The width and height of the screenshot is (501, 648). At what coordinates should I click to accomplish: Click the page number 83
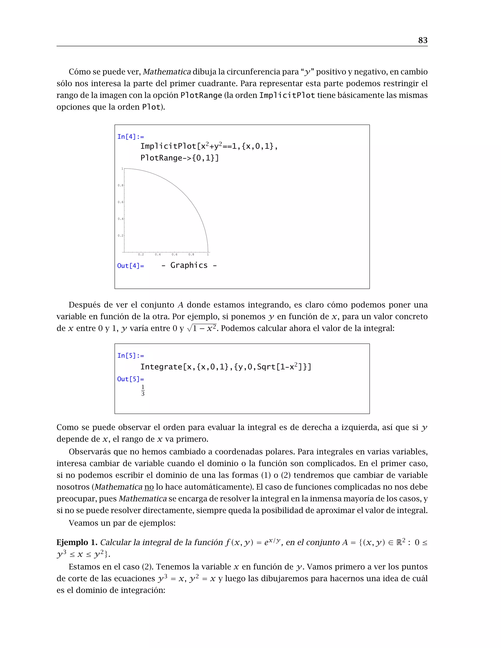[423, 40]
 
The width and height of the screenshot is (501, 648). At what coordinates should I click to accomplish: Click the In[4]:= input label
[131, 137]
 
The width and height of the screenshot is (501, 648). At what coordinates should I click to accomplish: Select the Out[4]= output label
[131, 266]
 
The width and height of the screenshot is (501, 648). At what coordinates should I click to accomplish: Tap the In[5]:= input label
[131, 356]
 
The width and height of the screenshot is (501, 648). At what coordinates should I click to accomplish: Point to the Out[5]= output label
[131, 379]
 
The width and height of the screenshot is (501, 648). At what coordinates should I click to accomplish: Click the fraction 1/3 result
[143, 391]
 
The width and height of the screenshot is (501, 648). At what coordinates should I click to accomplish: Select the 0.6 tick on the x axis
[174, 255]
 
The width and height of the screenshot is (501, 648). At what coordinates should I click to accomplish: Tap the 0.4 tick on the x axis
[158, 255]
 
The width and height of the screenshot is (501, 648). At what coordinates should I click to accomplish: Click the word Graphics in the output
[189, 265]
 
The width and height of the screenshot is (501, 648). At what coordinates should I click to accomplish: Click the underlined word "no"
[149, 487]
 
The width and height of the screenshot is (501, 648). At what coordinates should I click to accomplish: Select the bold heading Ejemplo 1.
[77, 542]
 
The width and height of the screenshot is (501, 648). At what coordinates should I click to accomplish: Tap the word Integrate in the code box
[161, 367]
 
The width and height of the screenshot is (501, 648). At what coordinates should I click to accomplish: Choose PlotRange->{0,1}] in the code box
[180, 158]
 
